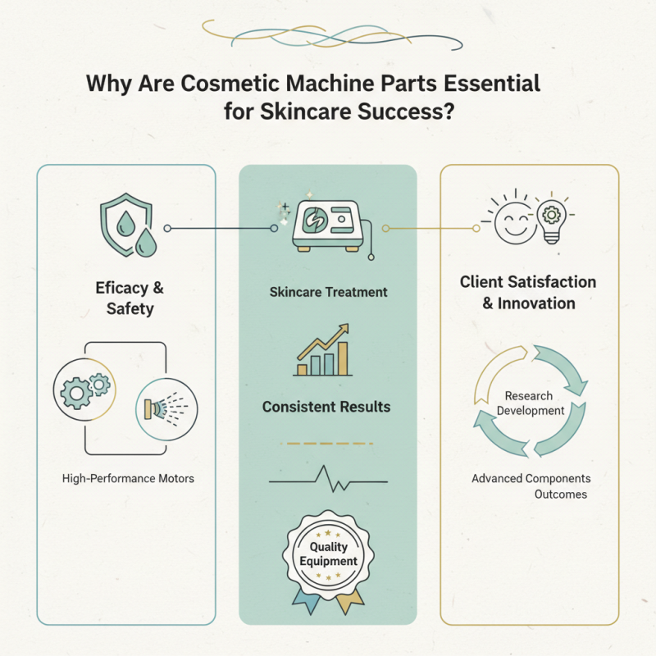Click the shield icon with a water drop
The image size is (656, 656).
pyautogui.click(x=121, y=217)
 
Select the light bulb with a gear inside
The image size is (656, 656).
pyautogui.click(x=551, y=219)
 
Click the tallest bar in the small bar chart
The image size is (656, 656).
pyautogui.click(x=342, y=359)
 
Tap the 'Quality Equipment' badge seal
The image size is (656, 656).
pyautogui.click(x=328, y=554)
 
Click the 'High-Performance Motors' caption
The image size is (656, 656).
pyautogui.click(x=128, y=477)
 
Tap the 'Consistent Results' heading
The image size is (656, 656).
pyautogui.click(x=326, y=407)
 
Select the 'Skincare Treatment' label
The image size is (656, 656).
pyautogui.click(x=328, y=292)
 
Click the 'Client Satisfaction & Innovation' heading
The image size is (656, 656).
pyautogui.click(x=528, y=293)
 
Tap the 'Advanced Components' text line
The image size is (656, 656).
pyautogui.click(x=531, y=478)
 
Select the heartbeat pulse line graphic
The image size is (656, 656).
pyautogui.click(x=328, y=481)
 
